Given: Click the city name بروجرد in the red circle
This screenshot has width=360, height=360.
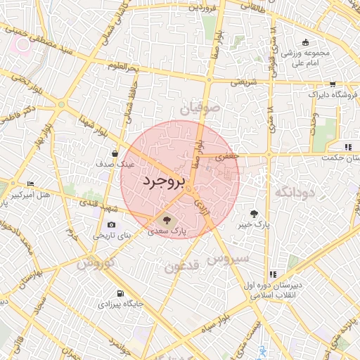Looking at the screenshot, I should point(162,181).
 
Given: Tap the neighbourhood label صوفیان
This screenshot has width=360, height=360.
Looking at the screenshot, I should point(200,109).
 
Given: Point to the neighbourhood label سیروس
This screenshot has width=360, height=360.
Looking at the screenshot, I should point(229,259).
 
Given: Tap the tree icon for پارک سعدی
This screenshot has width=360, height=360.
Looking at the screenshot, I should point(166,219).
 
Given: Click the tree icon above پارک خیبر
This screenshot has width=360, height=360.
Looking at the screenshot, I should point(253,213).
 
